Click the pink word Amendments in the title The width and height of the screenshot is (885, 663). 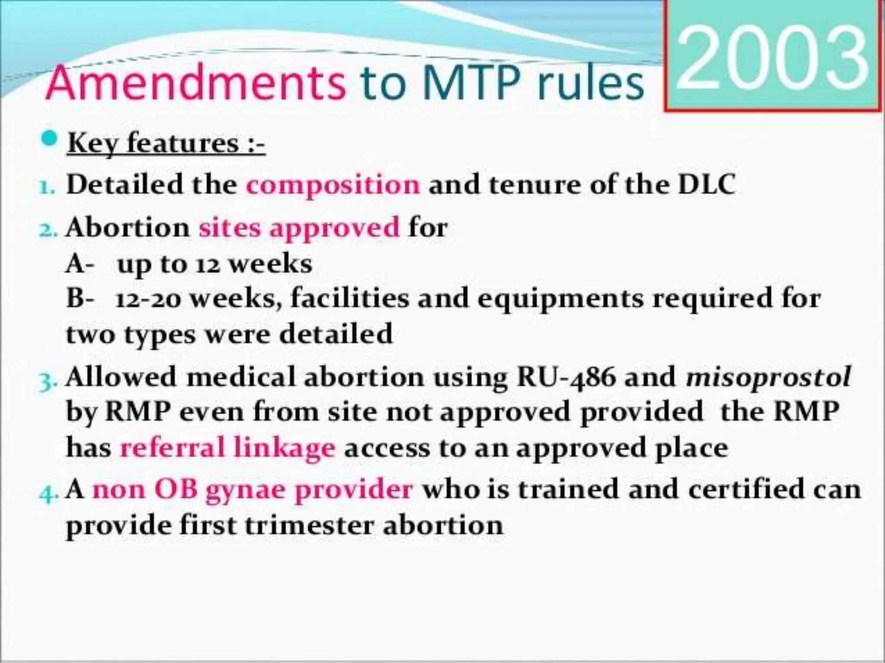coord(196,83)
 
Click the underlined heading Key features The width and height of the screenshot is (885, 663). coord(166,143)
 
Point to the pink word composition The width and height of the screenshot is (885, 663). coord(333,185)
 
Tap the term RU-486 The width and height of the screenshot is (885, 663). coord(566,377)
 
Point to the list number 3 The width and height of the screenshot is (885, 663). coord(48,381)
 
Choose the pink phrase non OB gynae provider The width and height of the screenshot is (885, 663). coord(253,490)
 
